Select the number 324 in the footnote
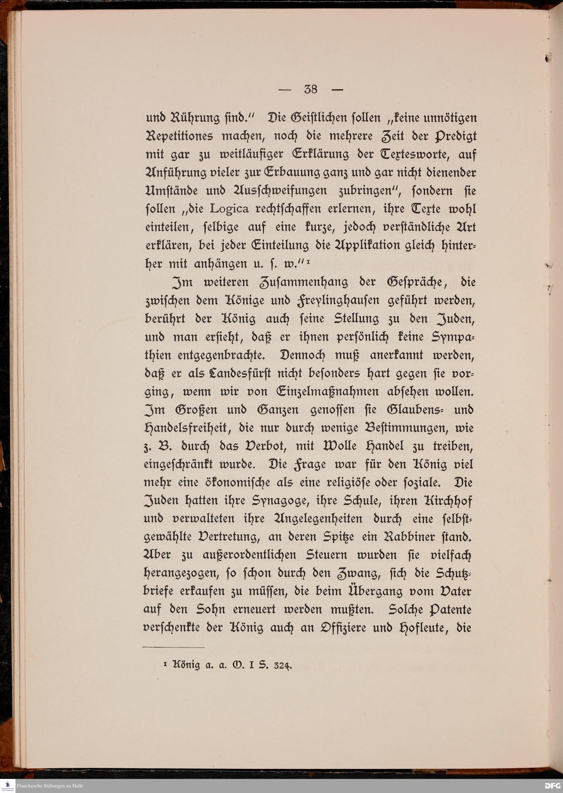[x=283, y=665]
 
